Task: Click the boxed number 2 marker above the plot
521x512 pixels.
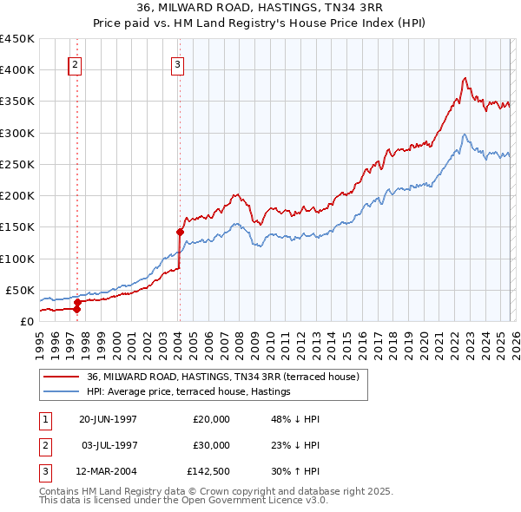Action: pos(76,63)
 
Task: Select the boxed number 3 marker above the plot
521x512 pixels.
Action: pos(177,63)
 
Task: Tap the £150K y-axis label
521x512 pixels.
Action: pos(16,227)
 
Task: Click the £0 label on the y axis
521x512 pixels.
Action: pos(26,322)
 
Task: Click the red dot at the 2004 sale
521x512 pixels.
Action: pos(180,232)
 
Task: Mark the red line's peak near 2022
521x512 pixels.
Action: pos(465,78)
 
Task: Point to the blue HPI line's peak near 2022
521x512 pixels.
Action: pos(465,135)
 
